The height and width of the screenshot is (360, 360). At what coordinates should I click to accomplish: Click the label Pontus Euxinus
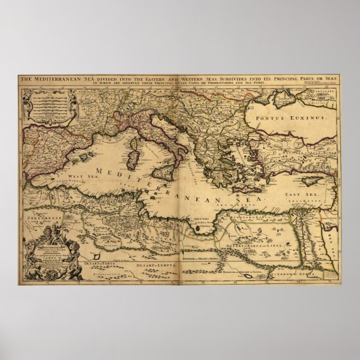[x=285, y=119]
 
